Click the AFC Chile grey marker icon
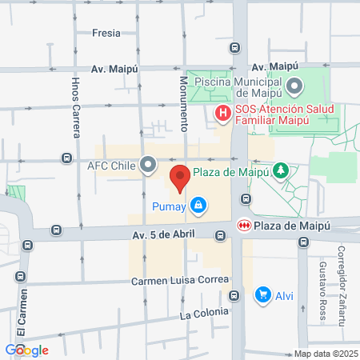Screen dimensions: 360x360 [148, 166]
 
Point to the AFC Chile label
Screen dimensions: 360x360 [113, 166]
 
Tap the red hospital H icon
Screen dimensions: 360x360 [223, 113]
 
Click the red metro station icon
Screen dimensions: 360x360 [244, 226]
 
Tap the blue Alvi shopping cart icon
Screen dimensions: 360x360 [262, 295]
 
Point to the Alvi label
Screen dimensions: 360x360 [285, 295]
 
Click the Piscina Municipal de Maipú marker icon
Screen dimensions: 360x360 [294, 84]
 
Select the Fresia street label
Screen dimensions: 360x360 [106, 33]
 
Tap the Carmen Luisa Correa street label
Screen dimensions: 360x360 [182, 281]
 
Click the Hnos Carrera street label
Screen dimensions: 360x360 [76, 108]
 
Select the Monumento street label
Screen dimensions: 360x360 [182, 103]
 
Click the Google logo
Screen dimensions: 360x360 [26, 350]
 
